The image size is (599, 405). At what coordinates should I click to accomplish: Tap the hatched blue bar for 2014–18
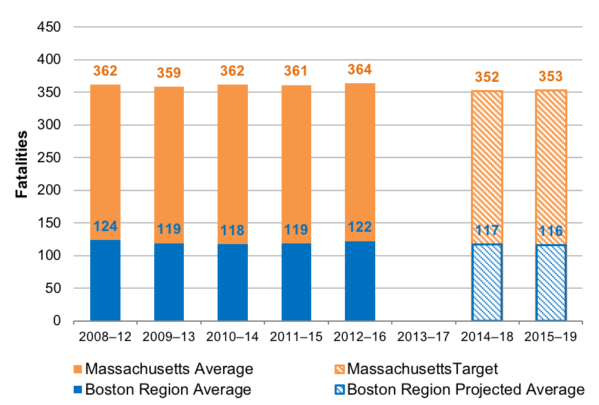[487, 282]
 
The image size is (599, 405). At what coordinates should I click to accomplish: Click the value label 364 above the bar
[360, 70]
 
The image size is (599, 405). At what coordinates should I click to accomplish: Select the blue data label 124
[105, 226]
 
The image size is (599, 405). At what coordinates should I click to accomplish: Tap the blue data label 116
[551, 231]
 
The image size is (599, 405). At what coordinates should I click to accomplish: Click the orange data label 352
[487, 77]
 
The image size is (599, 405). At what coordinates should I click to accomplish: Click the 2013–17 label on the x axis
[423, 338]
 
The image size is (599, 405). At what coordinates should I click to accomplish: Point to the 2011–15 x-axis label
[296, 338]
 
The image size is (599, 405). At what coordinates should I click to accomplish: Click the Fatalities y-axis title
[22, 164]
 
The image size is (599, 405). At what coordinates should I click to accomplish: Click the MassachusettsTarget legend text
[423, 369]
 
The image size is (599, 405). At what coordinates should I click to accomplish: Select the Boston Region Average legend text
[169, 390]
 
